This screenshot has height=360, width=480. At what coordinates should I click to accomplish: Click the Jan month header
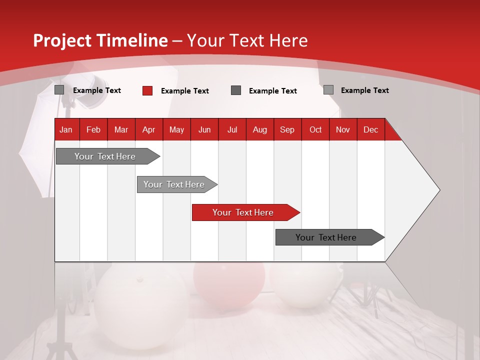(x=66, y=129)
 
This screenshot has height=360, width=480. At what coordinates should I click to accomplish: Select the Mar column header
(x=121, y=129)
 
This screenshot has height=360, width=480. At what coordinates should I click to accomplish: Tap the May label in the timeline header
(x=176, y=129)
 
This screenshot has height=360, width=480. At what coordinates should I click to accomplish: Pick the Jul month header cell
(x=232, y=129)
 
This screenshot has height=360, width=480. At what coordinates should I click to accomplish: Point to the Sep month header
(x=287, y=129)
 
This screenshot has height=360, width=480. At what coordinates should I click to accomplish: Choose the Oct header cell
(x=315, y=129)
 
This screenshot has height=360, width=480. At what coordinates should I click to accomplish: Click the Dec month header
(x=370, y=129)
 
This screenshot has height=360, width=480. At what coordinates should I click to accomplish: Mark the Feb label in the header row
(x=93, y=129)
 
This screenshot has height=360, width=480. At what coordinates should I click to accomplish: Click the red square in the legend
(x=147, y=90)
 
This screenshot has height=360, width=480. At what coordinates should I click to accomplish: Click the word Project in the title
(x=62, y=40)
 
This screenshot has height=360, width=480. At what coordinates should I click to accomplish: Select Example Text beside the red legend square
(x=184, y=91)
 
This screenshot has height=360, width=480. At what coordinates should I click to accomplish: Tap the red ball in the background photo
(x=229, y=285)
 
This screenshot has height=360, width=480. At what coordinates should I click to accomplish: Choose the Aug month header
(x=259, y=129)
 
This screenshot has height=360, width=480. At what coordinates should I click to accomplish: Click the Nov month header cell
(x=343, y=129)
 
